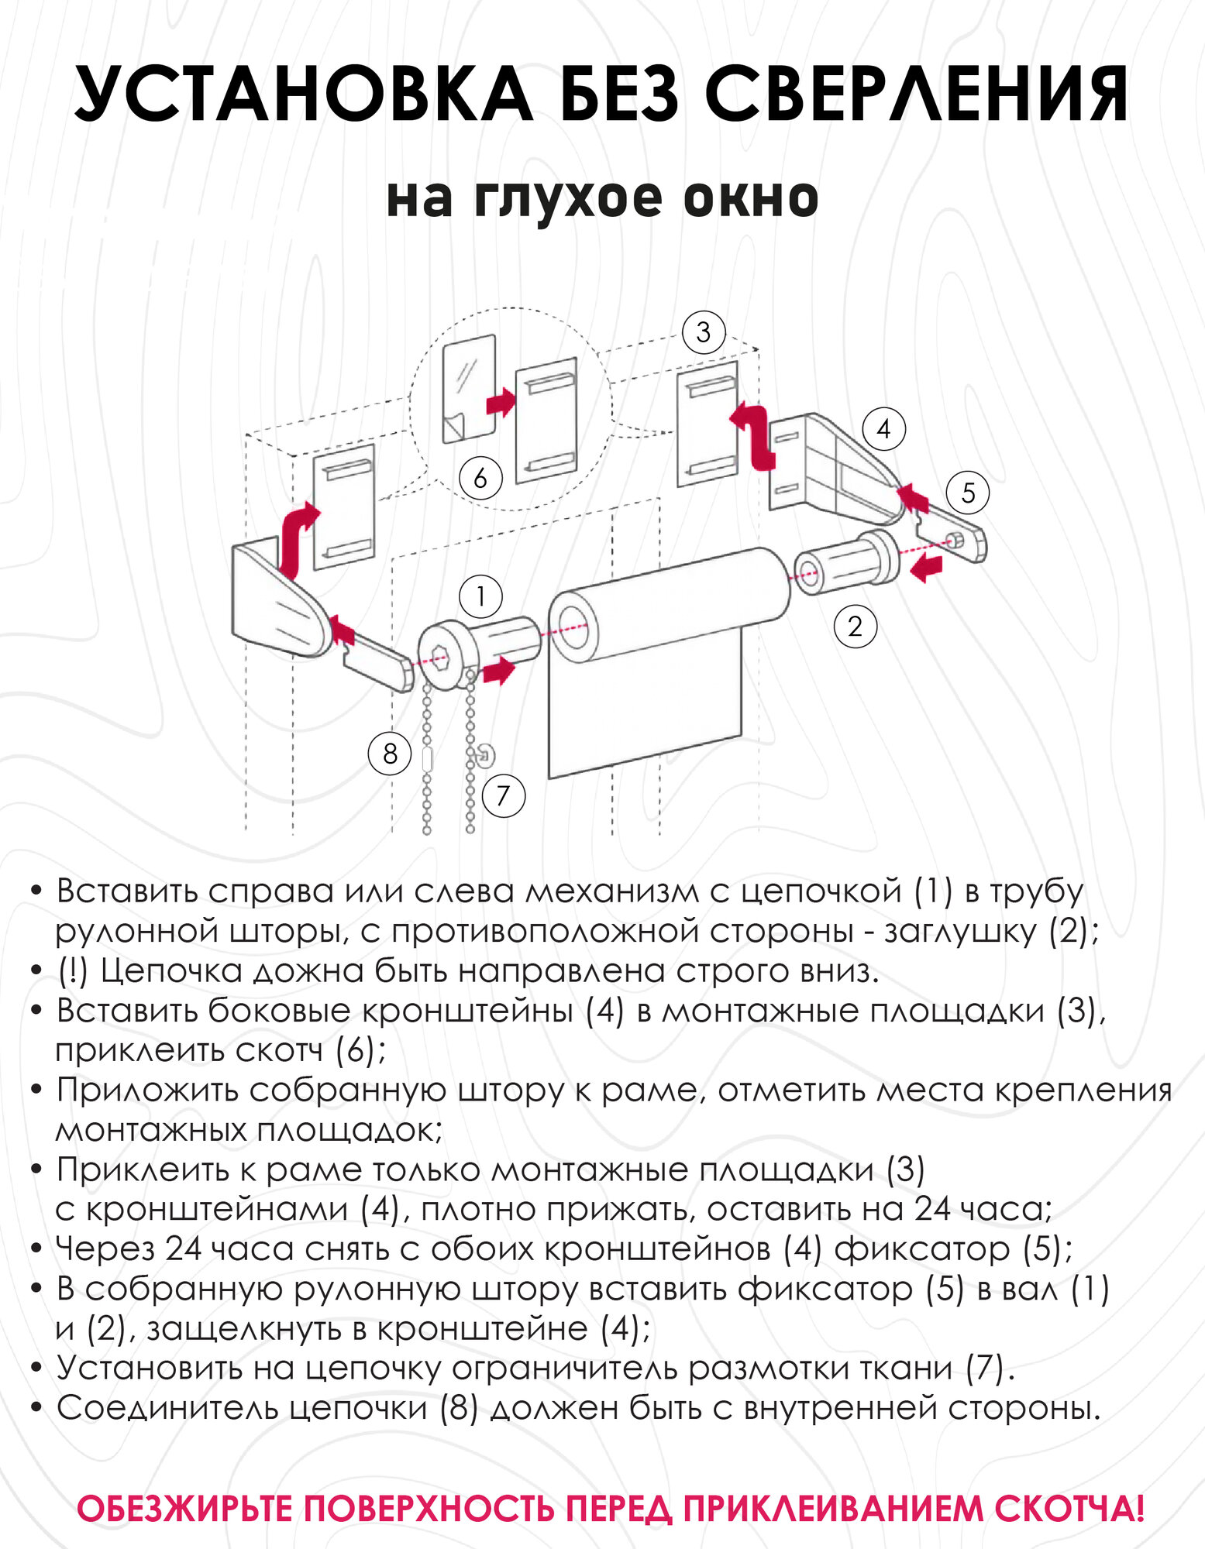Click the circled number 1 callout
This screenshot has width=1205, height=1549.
pos(480,596)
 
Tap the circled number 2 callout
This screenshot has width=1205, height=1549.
pos(855,626)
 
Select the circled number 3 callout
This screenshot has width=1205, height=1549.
pos(703,332)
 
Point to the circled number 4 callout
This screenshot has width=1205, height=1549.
pos(883,429)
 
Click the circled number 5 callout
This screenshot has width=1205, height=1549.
pos(968,493)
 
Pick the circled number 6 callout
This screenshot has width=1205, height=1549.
pos(480,478)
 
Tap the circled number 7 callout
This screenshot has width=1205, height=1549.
pos(504,795)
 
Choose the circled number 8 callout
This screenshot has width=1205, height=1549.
pos(390,753)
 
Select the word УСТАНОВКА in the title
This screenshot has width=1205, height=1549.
pos(303,94)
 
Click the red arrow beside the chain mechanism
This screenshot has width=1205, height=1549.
pos(499,670)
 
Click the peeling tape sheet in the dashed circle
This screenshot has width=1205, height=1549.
pos(469,389)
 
